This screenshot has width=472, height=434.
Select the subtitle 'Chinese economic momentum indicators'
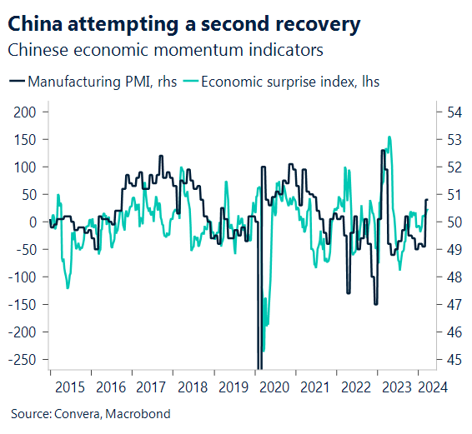click(165, 50)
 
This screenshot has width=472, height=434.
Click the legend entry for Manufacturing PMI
click(91, 82)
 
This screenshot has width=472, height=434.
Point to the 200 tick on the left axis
click(26, 112)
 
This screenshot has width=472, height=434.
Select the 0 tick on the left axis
click(33, 222)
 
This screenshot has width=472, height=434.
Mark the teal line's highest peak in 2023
click(389, 137)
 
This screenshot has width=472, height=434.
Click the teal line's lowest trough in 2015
click(68, 288)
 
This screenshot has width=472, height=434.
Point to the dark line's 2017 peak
click(161, 156)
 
